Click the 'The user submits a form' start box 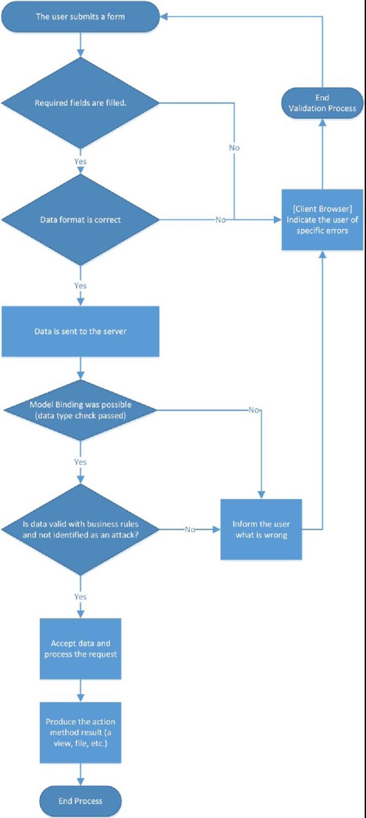[x=80, y=16]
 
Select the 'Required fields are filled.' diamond [x=80, y=103]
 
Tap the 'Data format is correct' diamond [x=80, y=220]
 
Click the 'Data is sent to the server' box [x=80, y=331]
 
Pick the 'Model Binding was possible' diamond [x=80, y=410]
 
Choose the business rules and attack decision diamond [x=80, y=529]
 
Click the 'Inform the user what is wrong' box [x=261, y=529]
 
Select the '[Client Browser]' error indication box [x=322, y=220]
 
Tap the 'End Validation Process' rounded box [x=322, y=103]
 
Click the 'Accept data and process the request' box [x=80, y=648]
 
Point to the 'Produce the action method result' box [x=80, y=732]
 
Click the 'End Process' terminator [x=80, y=801]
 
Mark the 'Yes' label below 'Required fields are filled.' [x=80, y=162]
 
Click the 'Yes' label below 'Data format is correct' [x=80, y=286]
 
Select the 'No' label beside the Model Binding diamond [x=254, y=410]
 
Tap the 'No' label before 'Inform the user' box [x=190, y=530]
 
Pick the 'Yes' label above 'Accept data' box [x=80, y=597]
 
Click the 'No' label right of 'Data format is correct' [x=220, y=220]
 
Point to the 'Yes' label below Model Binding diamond [x=80, y=462]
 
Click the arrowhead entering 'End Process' [x=80, y=782]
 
